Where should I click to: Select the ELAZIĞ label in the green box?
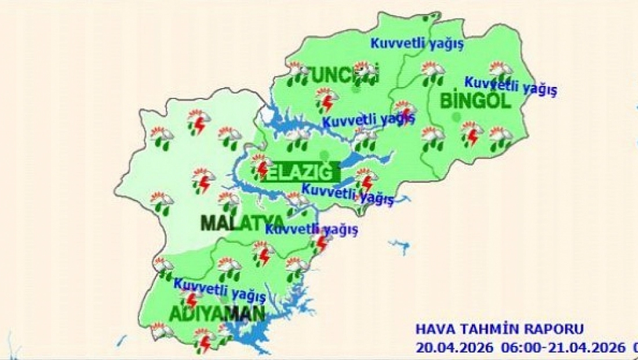coord(302,172)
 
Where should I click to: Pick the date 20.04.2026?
coord(454,347)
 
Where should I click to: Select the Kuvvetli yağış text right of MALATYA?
coord(312,228)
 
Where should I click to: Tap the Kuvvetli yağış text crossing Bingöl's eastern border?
coord(511,86)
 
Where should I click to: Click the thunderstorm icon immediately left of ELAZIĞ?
coord(260,166)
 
